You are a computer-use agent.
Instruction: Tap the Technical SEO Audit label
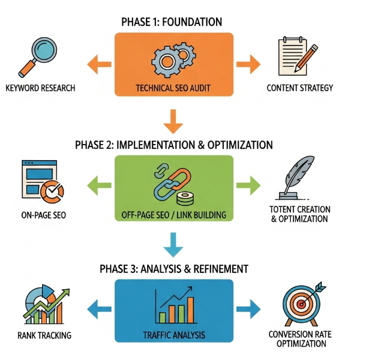[x=173, y=88]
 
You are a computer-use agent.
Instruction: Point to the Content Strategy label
[x=299, y=88]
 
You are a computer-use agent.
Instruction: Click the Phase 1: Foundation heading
[x=173, y=22]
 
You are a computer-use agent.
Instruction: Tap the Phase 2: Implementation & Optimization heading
[x=173, y=145]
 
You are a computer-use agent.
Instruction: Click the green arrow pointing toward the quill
[x=247, y=184]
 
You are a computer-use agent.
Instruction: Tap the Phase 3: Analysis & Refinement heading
[x=173, y=268]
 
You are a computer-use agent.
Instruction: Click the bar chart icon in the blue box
[x=173, y=306]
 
